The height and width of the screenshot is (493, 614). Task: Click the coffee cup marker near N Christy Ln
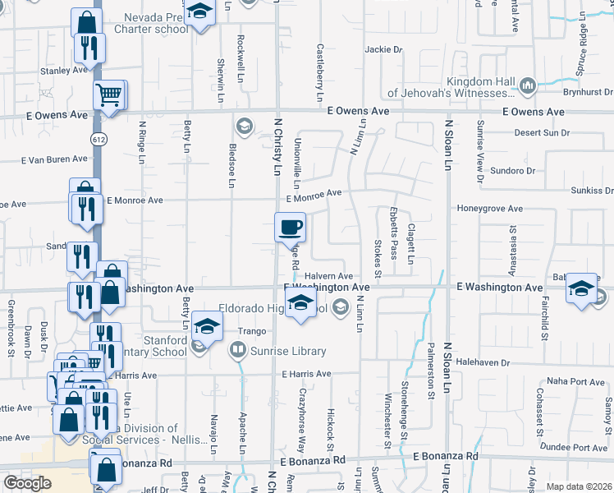289,227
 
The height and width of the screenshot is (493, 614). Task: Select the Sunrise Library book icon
237,352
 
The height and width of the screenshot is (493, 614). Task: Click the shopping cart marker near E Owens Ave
109,95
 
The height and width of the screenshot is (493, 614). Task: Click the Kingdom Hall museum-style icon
527,85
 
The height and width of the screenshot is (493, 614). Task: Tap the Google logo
27,483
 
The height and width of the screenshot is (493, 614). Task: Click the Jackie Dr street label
383,49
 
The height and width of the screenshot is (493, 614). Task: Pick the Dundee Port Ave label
578,448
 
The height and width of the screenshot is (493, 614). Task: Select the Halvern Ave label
328,276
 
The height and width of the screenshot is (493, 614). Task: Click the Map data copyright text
579,486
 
